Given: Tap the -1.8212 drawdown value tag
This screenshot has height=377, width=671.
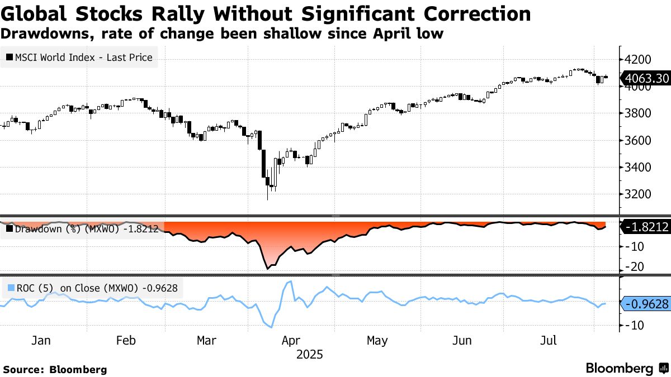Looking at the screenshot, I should coord(646,227).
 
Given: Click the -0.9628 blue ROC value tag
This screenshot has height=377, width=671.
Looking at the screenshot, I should coord(646,304).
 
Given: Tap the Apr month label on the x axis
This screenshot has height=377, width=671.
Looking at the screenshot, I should coord(291,341).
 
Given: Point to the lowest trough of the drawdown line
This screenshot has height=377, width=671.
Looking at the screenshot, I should coord(267,269).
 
